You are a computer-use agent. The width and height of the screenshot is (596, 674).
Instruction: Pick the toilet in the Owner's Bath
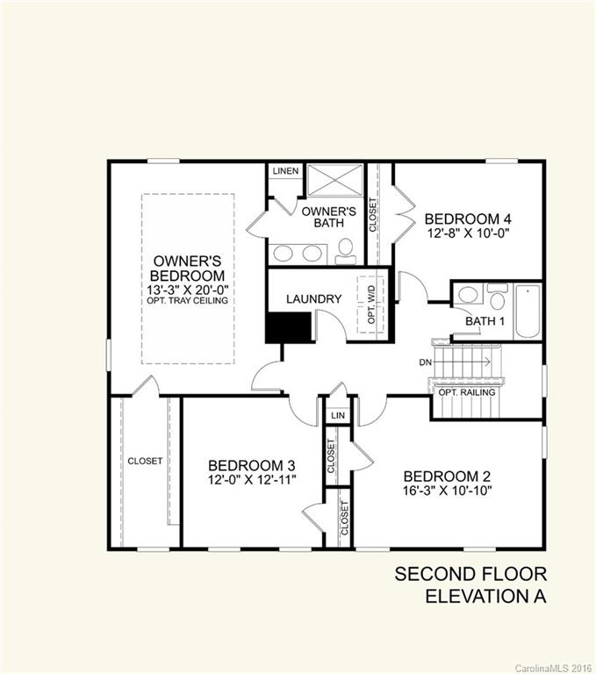coord(347,251)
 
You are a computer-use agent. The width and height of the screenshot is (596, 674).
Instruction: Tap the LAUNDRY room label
coord(313,299)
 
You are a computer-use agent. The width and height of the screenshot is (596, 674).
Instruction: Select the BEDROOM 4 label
coord(468,219)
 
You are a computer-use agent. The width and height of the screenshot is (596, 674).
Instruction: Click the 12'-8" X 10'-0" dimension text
coord(468,233)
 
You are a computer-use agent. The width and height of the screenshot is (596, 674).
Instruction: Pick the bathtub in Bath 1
coord(528,311)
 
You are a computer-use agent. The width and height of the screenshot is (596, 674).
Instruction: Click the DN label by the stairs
coord(425,361)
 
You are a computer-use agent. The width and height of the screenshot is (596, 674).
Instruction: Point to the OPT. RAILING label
coord(466,392)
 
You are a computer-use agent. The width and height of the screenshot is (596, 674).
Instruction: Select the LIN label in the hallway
coord(337,412)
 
